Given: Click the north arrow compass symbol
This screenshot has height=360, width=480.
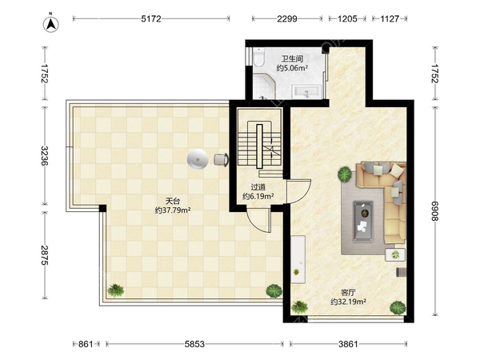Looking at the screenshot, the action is click(51, 23).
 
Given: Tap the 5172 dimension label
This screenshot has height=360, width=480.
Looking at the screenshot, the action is click(151, 19).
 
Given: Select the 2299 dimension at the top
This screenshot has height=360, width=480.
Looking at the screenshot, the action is click(287, 19).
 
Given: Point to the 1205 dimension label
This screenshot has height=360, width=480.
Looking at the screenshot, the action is click(347, 19).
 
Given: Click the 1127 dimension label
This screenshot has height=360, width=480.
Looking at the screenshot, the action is click(390, 19).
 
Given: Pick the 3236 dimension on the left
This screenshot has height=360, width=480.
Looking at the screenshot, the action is click(45, 155).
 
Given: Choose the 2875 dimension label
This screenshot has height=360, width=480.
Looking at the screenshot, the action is click(45, 255).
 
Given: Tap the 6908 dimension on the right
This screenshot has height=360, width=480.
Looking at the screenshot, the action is click(435, 211).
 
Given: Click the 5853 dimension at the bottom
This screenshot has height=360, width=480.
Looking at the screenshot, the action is click(194, 344).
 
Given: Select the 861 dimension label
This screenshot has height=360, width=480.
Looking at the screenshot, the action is click(86, 344).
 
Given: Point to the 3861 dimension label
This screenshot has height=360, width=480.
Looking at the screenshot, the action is click(348, 344).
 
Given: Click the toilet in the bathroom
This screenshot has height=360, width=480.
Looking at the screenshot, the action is click(258, 58).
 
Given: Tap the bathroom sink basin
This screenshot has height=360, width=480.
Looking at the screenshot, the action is click(306, 92).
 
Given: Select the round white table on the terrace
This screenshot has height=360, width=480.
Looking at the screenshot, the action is click(198, 159).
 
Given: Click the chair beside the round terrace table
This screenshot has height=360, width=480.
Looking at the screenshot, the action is click(221, 159).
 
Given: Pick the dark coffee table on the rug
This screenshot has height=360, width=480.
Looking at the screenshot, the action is click(363, 222).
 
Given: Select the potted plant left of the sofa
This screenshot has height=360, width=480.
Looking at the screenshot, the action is click(345, 174).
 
